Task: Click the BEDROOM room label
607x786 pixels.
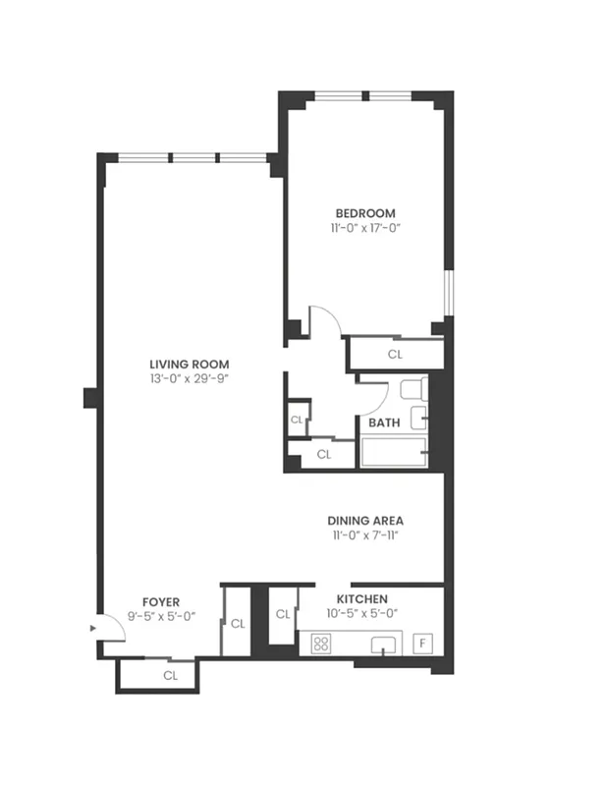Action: click(x=365, y=213)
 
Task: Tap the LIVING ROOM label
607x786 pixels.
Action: click(x=190, y=362)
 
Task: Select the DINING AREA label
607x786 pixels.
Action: click(x=365, y=521)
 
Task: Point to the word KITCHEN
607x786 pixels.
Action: click(x=361, y=598)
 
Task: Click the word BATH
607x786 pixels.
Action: click(x=384, y=423)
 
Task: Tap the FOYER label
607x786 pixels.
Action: click(x=161, y=601)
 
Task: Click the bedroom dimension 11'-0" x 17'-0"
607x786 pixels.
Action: click(x=365, y=228)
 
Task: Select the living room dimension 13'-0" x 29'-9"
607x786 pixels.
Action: click(x=190, y=377)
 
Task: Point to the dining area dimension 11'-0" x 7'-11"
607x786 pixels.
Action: click(x=365, y=535)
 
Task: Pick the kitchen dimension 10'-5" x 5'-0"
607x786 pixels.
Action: click(x=361, y=613)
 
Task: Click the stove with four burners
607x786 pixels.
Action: click(x=321, y=644)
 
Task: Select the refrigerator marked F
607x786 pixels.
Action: click(x=424, y=644)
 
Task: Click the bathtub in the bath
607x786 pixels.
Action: click(x=393, y=453)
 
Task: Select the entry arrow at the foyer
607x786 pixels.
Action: click(x=93, y=625)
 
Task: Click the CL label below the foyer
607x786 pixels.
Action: click(x=170, y=675)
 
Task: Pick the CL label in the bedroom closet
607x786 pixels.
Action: click(x=395, y=354)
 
